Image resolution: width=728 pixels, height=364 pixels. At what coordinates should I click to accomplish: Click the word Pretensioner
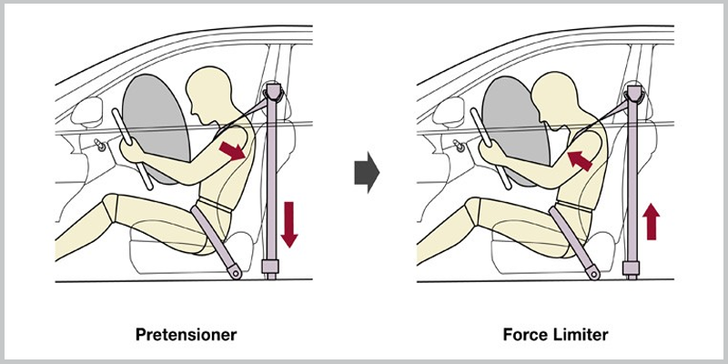pyautogui.click(x=187, y=334)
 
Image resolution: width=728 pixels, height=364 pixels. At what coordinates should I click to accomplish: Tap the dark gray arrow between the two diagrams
pyautogui.click(x=367, y=172)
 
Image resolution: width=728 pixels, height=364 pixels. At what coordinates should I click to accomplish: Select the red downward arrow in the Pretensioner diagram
pyautogui.click(x=289, y=224)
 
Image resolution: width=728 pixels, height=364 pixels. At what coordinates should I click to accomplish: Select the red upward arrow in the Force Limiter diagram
pyautogui.click(x=652, y=222)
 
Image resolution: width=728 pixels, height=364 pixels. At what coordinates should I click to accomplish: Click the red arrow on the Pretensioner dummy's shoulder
pyautogui.click(x=232, y=151)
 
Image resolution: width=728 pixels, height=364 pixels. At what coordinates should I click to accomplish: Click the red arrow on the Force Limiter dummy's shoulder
pyautogui.click(x=580, y=161)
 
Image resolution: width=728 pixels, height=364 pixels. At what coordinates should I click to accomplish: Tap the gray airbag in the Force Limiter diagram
pyautogui.click(x=514, y=127)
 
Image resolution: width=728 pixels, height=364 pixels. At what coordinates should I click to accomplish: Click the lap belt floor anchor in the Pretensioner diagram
pyautogui.click(x=235, y=271)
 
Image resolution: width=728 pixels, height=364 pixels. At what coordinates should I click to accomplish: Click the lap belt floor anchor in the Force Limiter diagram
pyautogui.click(x=593, y=272)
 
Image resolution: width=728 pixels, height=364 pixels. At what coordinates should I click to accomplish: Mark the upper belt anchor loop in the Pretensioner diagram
pyautogui.click(x=273, y=95)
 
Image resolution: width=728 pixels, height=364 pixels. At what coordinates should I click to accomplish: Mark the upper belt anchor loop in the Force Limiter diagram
pyautogui.click(x=634, y=96)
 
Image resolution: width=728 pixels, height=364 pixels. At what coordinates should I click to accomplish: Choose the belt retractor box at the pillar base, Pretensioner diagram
pyautogui.click(x=269, y=266)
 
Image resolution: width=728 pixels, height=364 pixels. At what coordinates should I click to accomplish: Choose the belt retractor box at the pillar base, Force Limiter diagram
pyautogui.click(x=631, y=268)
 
